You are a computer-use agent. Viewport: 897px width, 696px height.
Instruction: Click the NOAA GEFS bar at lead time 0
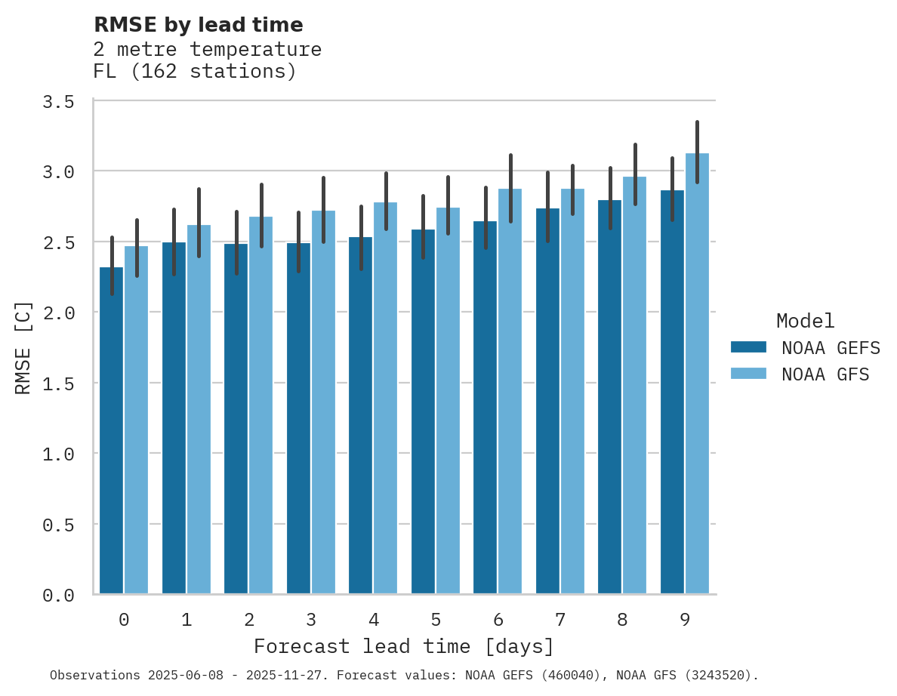pyautogui.click(x=111, y=430)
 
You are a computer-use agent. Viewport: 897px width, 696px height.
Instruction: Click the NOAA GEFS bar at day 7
pyautogui.click(x=547, y=401)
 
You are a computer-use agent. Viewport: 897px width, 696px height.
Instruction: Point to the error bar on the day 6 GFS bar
pyautogui.click(x=510, y=188)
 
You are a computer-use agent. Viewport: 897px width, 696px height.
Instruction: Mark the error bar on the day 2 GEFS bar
pyautogui.click(x=236, y=242)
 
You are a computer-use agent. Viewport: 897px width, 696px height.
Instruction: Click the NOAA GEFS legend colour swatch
pyautogui.click(x=748, y=347)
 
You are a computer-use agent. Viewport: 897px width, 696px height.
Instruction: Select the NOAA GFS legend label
pyautogui.click(x=825, y=374)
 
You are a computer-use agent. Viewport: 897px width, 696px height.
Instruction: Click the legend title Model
pyautogui.click(x=805, y=321)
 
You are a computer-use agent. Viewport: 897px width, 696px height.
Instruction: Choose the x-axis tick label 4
pyautogui.click(x=373, y=620)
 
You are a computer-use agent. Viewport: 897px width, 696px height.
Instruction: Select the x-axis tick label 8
pyautogui.click(x=622, y=620)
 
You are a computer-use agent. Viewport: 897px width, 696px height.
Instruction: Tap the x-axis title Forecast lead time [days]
pyautogui.click(x=404, y=647)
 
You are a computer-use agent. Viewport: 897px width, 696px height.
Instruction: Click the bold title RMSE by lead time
pyautogui.click(x=198, y=25)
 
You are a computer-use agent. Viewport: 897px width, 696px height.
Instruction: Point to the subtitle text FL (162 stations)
pyautogui.click(x=195, y=72)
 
